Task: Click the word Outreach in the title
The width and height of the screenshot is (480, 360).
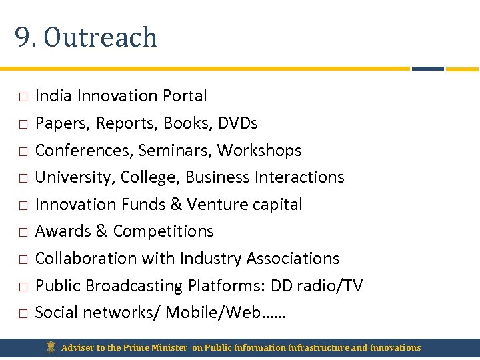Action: click(101, 37)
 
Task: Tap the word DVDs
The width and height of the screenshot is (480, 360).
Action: click(237, 123)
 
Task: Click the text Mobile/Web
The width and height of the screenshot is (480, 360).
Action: click(213, 313)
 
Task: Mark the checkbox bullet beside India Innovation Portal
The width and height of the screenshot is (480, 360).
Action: click(23, 97)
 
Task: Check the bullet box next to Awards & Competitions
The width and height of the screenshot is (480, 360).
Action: click(23, 233)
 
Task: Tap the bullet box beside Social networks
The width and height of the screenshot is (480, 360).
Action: click(23, 313)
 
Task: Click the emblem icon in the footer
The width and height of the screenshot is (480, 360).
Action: click(51, 347)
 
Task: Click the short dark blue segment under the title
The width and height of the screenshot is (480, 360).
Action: click(427, 68)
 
